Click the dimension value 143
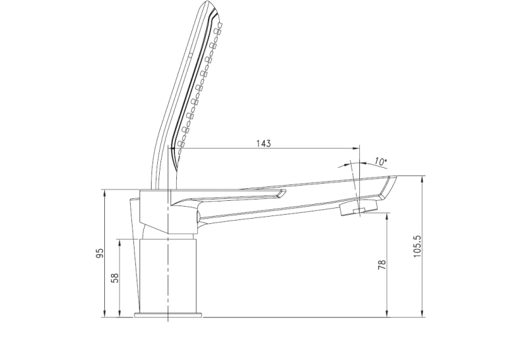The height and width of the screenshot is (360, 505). (x=263, y=143)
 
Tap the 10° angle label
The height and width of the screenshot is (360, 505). (x=381, y=161)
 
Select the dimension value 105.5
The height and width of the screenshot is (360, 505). (x=417, y=246)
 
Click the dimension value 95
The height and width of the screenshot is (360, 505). (x=100, y=253)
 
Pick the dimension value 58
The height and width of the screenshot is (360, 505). (x=115, y=278)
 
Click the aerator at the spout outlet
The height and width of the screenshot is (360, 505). (x=358, y=208)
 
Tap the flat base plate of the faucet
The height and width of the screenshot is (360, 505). (x=168, y=314)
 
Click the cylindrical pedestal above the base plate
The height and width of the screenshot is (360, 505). (x=168, y=275)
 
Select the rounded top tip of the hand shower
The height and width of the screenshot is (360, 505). (x=209, y=3)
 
